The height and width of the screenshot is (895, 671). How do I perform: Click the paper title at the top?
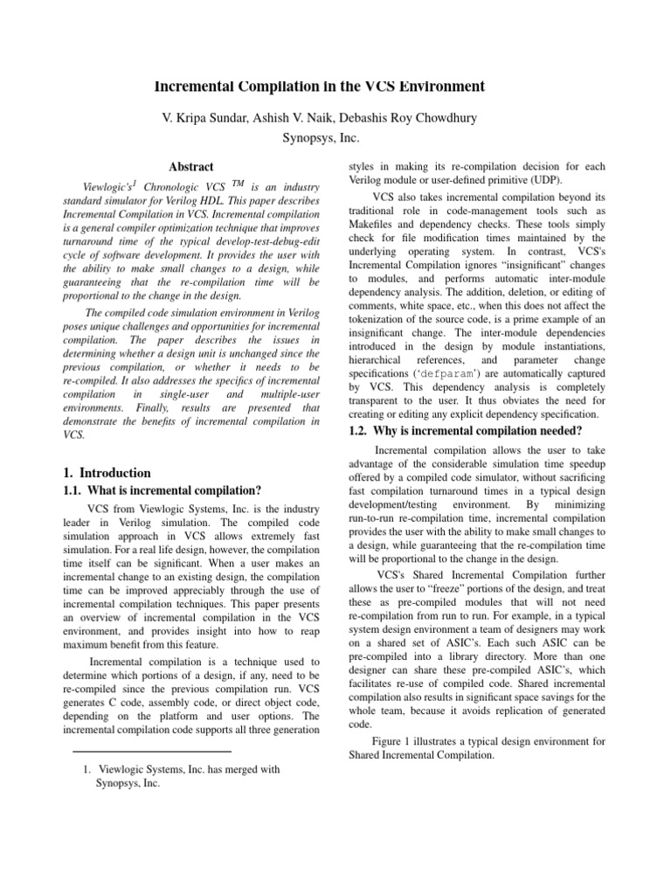coord(319,86)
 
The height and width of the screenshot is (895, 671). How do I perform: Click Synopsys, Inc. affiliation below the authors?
coord(321,137)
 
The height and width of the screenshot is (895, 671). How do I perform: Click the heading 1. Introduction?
coord(109,473)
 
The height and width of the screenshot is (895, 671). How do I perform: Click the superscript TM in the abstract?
coord(239,184)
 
